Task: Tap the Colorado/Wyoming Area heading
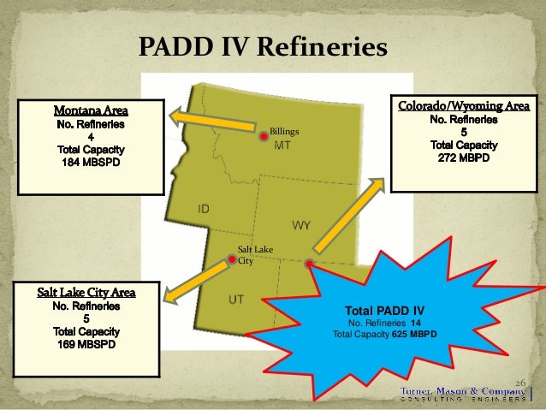463,106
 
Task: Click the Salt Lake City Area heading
86,292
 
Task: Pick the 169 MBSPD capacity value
86,345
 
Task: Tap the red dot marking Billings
264,135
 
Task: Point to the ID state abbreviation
205,209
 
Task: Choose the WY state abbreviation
301,225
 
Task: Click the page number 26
519,381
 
